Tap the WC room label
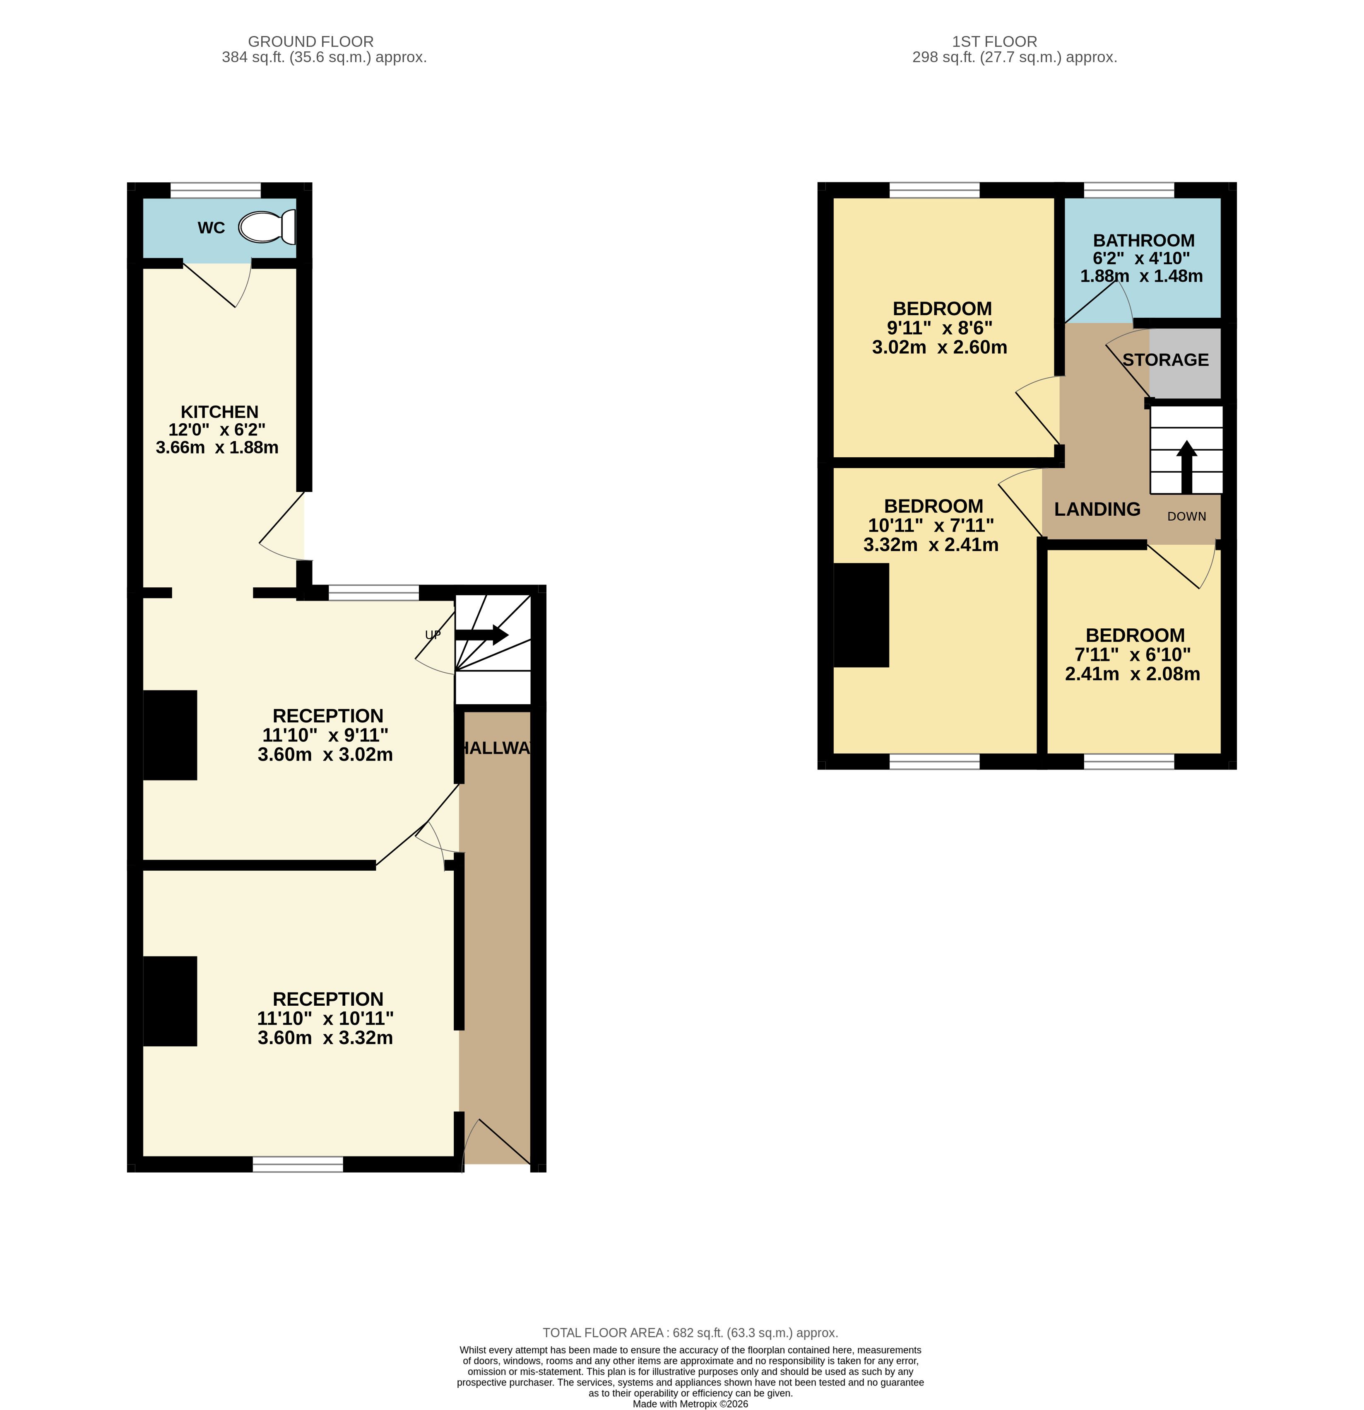point(212,228)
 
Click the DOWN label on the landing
point(1186,517)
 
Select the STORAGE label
point(1166,360)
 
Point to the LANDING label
point(1097,509)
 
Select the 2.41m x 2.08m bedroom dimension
point(1133,674)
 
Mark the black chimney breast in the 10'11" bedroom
point(861,615)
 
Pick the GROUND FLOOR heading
point(310,42)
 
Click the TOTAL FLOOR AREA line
point(690,1333)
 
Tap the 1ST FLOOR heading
point(994,42)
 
